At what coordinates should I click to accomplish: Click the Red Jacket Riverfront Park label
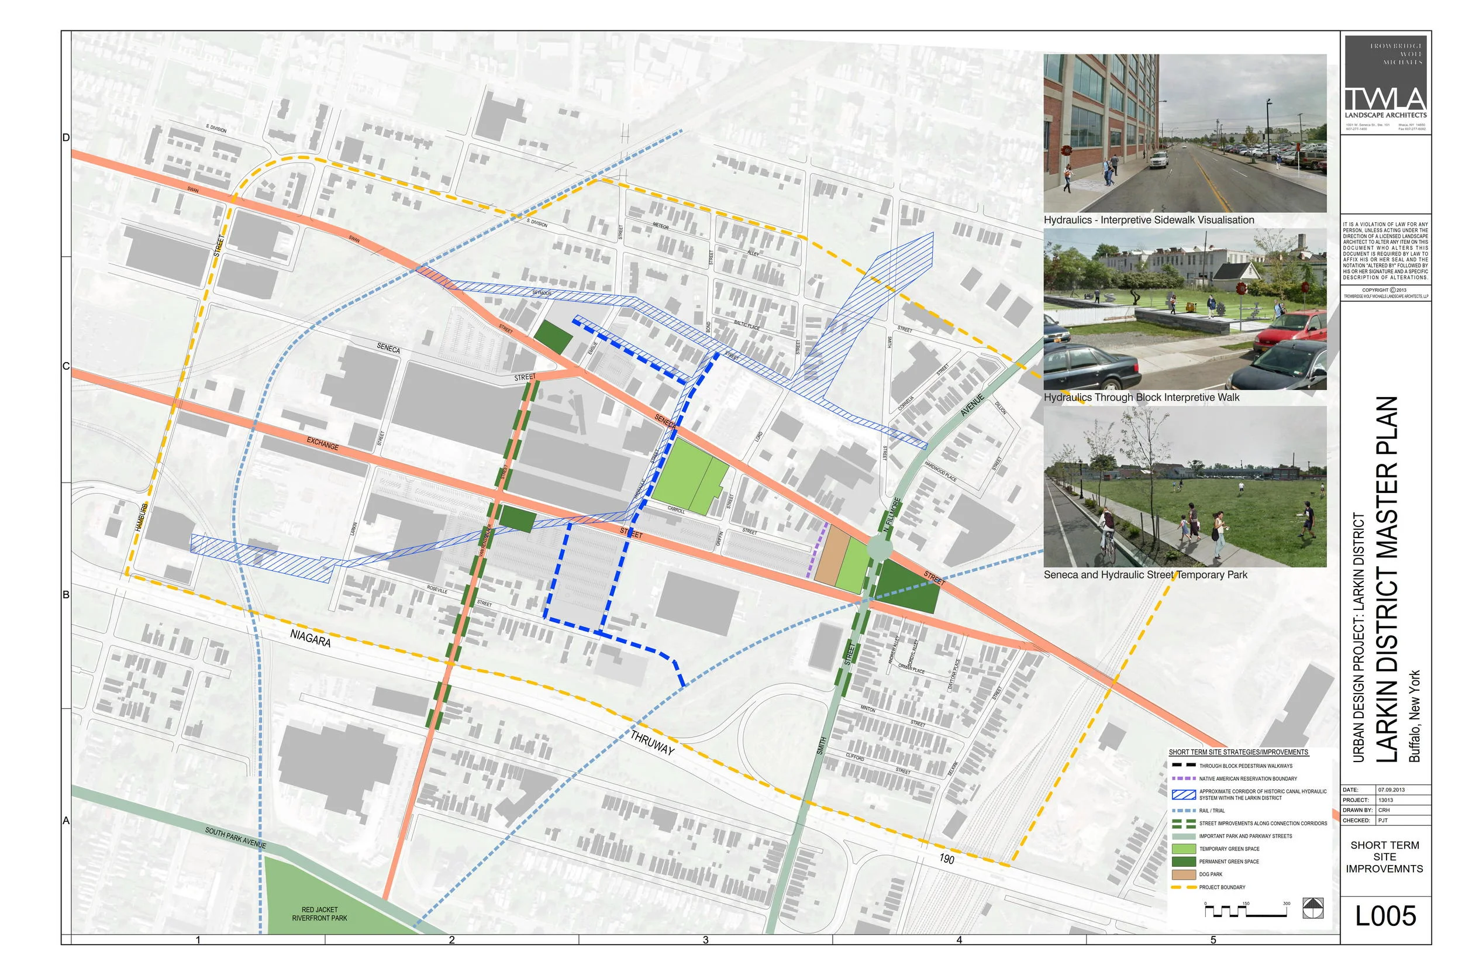tap(319, 914)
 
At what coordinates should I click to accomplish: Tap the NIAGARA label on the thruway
tap(310, 638)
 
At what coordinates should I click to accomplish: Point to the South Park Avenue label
tap(236, 838)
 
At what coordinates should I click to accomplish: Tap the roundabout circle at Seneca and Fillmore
tap(879, 549)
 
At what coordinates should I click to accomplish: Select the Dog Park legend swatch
tap(1183, 874)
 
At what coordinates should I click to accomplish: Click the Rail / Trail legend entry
tap(1212, 811)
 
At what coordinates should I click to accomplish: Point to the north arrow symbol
tap(1312, 908)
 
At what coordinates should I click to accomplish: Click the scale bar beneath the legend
tap(1245, 912)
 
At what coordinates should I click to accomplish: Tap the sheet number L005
tap(1385, 916)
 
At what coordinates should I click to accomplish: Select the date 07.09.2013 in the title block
tap(1391, 790)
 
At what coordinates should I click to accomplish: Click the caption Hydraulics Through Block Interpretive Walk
tap(1142, 397)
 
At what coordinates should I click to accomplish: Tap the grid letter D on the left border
tap(66, 137)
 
